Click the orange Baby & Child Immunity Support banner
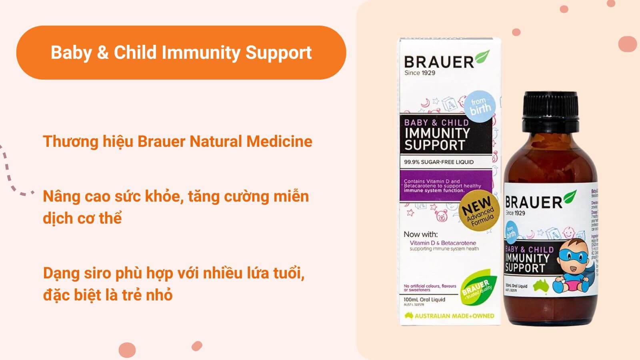[x=181, y=52]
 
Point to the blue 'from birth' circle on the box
[x=480, y=106]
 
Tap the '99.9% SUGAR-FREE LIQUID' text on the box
[x=438, y=162]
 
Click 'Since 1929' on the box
[x=420, y=73]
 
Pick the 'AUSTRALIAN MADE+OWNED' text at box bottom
[x=454, y=316]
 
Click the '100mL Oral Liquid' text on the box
[x=424, y=299]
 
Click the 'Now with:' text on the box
[x=420, y=234]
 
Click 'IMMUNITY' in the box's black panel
[x=437, y=133]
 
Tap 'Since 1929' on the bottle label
[x=516, y=213]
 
